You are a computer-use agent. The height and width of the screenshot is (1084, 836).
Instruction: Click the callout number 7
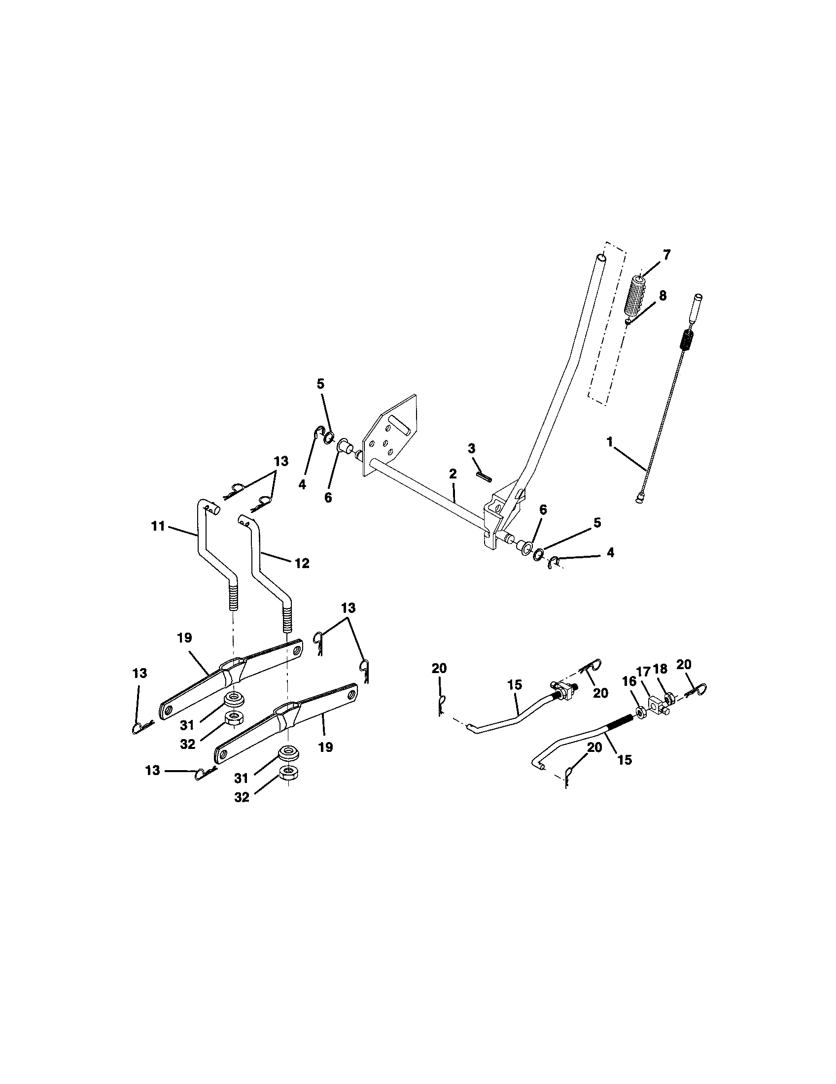click(x=666, y=255)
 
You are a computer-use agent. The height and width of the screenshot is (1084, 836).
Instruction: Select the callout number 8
click(x=663, y=296)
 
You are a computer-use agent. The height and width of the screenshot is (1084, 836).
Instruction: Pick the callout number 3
click(x=471, y=449)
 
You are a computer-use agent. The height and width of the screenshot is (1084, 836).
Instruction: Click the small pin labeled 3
click(x=485, y=476)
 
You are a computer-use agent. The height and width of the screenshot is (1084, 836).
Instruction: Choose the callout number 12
click(x=302, y=563)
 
